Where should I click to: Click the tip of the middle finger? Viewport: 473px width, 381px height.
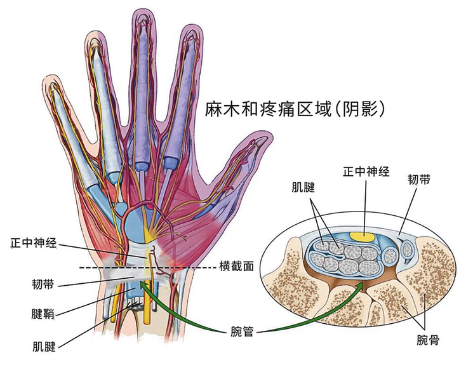click(140, 14)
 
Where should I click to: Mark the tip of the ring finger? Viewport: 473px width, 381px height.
click(93, 35)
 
